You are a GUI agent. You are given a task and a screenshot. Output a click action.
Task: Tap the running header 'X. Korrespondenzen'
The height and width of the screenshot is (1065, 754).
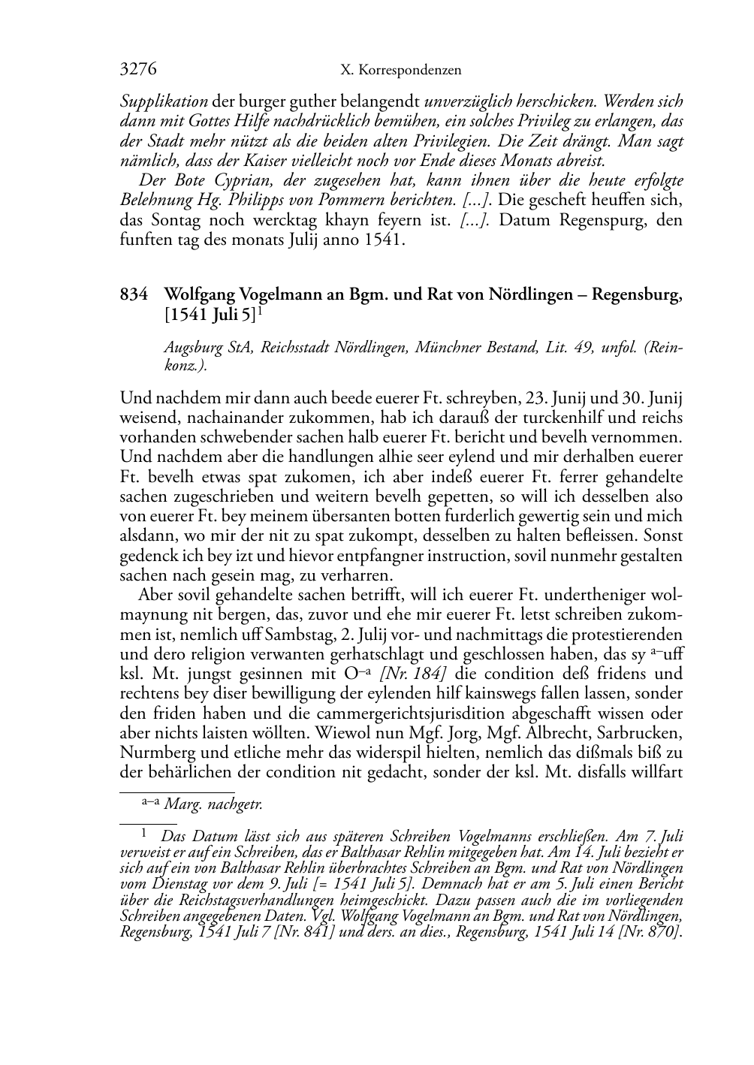(400, 70)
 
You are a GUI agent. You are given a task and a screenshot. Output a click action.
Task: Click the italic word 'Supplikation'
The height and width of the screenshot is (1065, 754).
(164, 101)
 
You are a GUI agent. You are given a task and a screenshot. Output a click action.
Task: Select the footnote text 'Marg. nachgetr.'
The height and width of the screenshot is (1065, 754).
(213, 804)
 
